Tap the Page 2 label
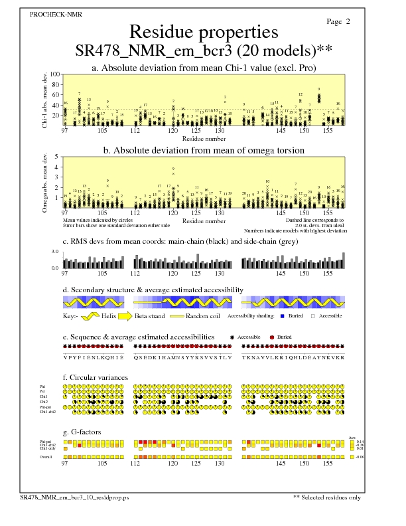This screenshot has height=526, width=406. pyautogui.click(x=338, y=22)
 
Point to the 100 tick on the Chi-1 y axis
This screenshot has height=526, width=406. pyautogui.click(x=54, y=75)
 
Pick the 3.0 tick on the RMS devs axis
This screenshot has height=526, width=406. pyautogui.click(x=56, y=252)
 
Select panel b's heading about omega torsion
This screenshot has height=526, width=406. pyautogui.click(x=203, y=150)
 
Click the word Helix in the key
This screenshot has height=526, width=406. pyautogui.click(x=109, y=316)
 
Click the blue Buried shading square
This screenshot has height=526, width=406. pyautogui.click(x=283, y=316)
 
